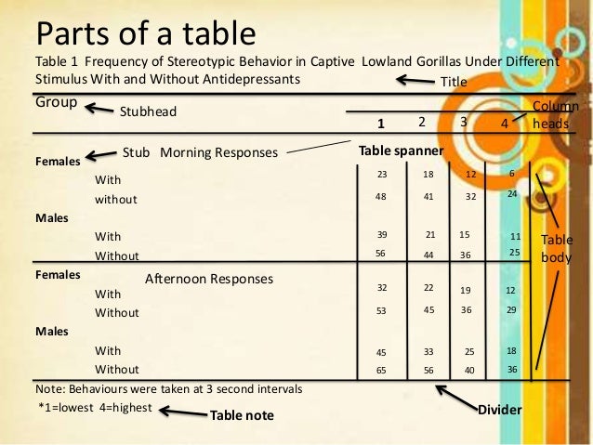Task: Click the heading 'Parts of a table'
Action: [x=145, y=33]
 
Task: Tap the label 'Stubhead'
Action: [x=149, y=113]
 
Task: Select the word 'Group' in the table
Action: [x=56, y=101]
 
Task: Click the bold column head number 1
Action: [x=381, y=124]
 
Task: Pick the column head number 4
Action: [x=505, y=123]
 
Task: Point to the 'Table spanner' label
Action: [x=401, y=150]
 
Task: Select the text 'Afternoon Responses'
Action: [x=209, y=279]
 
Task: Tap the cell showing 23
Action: [x=382, y=174]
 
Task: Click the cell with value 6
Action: [x=512, y=173]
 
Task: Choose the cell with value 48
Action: [x=381, y=197]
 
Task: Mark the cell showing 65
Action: [x=381, y=370]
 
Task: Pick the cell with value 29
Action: [x=511, y=308]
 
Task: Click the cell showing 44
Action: [x=428, y=255]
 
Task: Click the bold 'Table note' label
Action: [x=242, y=415]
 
